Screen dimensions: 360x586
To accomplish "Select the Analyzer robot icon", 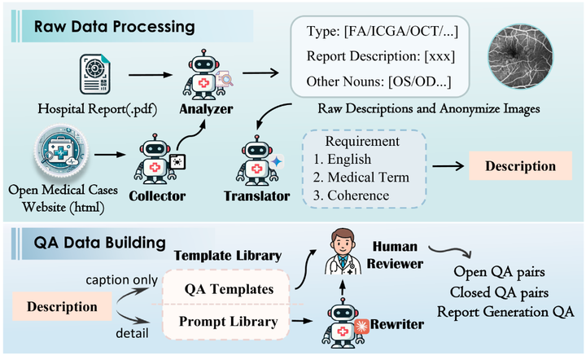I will tap(206, 72).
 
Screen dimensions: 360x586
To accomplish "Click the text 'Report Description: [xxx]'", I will tap(381, 59).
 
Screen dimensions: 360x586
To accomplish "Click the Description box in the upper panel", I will tap(520, 166).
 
